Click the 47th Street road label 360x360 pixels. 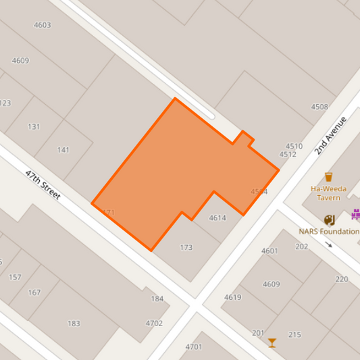click(x=43, y=184)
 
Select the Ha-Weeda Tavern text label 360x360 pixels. click(x=328, y=193)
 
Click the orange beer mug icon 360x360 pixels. click(x=329, y=177)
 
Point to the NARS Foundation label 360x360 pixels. click(x=329, y=231)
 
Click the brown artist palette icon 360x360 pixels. click(x=329, y=220)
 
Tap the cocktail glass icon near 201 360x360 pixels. click(x=272, y=343)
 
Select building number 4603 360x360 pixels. click(x=42, y=25)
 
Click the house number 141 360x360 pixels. click(x=63, y=150)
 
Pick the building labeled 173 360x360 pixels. click(x=186, y=248)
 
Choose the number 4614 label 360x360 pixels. click(x=217, y=218)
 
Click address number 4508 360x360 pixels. click(x=319, y=107)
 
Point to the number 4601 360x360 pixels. click(x=269, y=251)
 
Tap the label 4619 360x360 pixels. click(x=232, y=297)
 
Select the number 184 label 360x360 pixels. click(x=157, y=299)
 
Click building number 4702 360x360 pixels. click(x=154, y=324)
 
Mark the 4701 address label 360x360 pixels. click(x=193, y=347)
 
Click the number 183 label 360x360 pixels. click(x=74, y=324)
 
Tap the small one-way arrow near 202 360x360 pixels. click(x=329, y=245)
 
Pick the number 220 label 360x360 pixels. click(x=342, y=279)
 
